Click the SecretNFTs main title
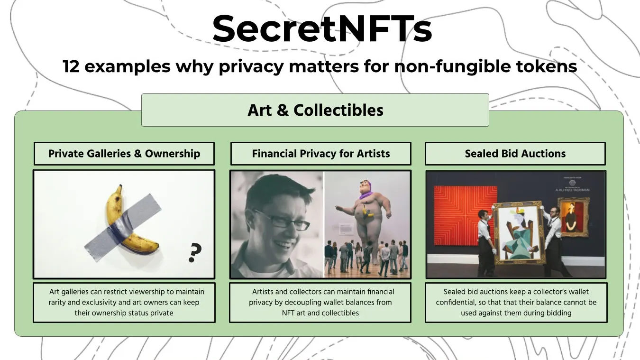click(322, 29)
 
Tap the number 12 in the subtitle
click(71, 66)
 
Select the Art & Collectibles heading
click(315, 110)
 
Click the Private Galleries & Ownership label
click(124, 154)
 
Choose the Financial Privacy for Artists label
click(321, 154)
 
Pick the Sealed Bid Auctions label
click(515, 154)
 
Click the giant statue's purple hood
click(365, 194)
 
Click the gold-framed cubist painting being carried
click(518, 232)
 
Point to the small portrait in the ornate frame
click(573, 216)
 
